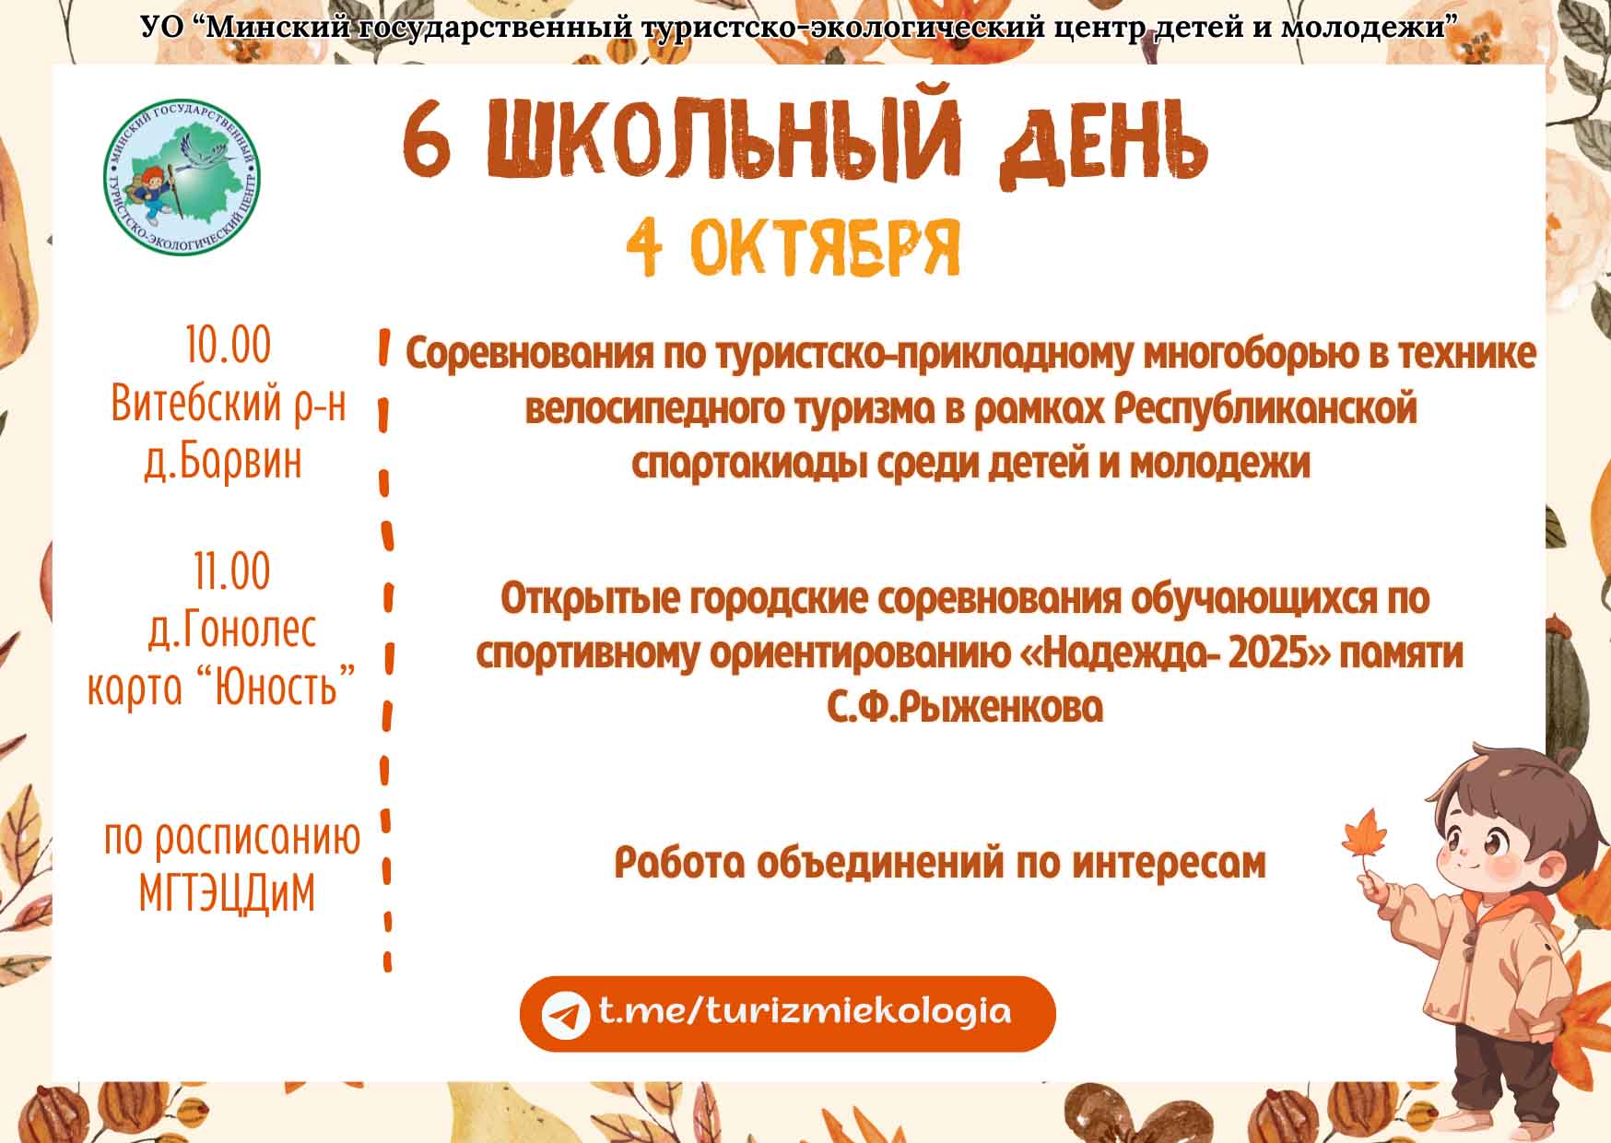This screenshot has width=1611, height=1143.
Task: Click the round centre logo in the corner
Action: click(x=182, y=178)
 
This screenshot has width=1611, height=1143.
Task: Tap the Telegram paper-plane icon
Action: click(x=564, y=1015)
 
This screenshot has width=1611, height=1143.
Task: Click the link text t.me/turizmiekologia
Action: click(x=805, y=1012)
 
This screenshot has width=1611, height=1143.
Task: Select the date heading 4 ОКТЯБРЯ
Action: click(x=794, y=248)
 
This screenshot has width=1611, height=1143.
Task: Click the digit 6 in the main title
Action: click(x=427, y=140)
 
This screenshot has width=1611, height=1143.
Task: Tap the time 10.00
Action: click(x=228, y=346)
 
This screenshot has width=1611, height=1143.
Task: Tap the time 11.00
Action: click(x=232, y=571)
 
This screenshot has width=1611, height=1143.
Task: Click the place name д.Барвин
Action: click(x=223, y=462)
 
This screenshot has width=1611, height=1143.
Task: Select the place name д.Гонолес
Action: click(x=232, y=630)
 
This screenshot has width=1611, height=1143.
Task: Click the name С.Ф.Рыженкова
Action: click(x=964, y=708)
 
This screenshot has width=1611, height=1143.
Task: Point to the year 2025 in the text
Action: click(x=1279, y=653)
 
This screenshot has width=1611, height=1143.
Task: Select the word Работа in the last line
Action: click(x=677, y=863)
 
